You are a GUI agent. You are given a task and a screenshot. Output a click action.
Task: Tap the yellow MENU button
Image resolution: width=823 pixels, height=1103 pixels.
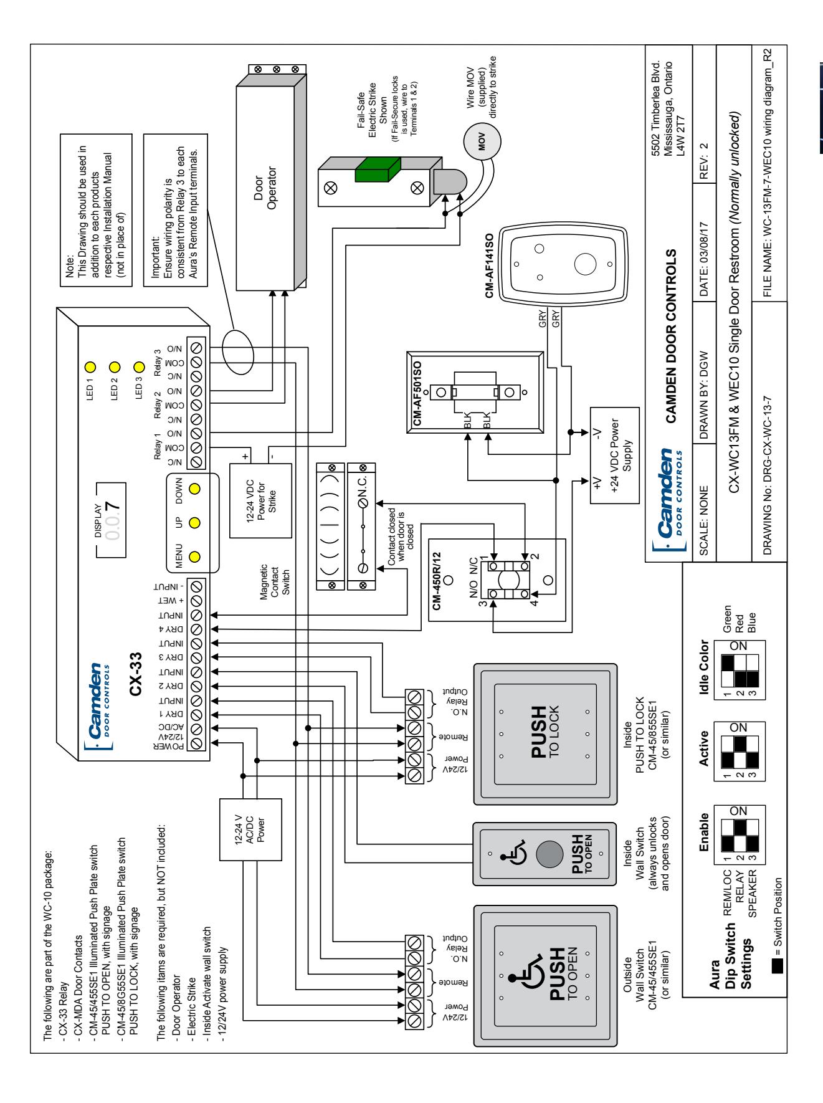194,556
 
